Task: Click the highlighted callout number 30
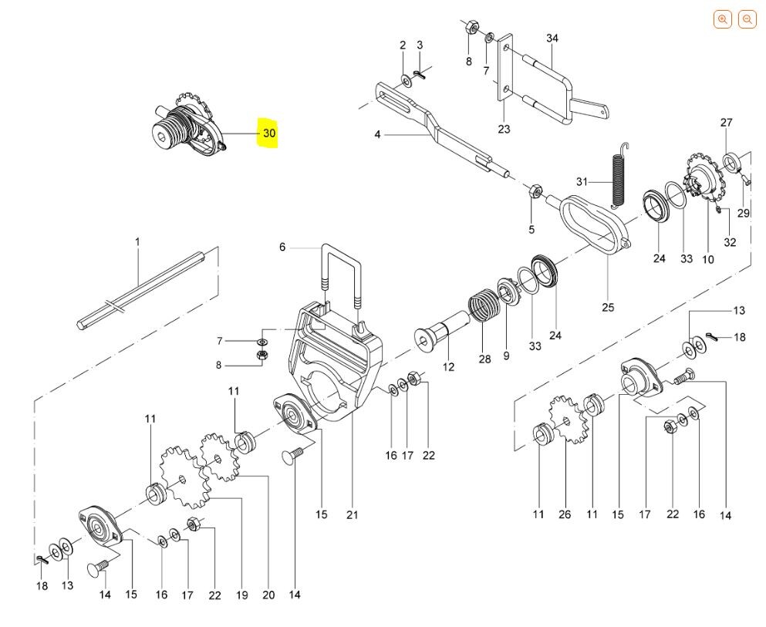coord(269,133)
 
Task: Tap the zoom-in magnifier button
coord(723,19)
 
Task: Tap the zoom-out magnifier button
coord(747,19)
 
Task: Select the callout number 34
coord(552,38)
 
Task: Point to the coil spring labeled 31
coord(619,175)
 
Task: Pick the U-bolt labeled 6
coord(341,276)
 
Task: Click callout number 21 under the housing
coord(353,514)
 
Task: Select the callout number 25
coord(608,308)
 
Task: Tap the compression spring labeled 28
coord(482,305)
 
